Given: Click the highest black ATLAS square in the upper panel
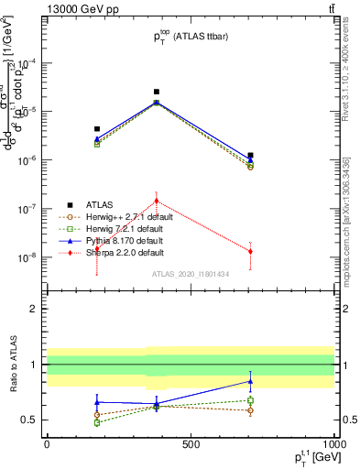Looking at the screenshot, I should (x=157, y=92).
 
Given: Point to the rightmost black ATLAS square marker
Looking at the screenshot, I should (x=250, y=156).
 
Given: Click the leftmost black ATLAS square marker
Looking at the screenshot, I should (x=97, y=129).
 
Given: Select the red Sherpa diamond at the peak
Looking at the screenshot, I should (x=157, y=201).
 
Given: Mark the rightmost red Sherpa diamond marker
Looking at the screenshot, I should (x=250, y=251).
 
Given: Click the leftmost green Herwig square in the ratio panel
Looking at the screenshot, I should (x=97, y=422).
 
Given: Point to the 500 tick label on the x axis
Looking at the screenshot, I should (x=191, y=443).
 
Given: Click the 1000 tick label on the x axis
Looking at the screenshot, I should (x=333, y=443).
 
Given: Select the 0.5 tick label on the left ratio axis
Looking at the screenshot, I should (x=29, y=420).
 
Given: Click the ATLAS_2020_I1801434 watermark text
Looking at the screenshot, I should (x=191, y=274).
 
